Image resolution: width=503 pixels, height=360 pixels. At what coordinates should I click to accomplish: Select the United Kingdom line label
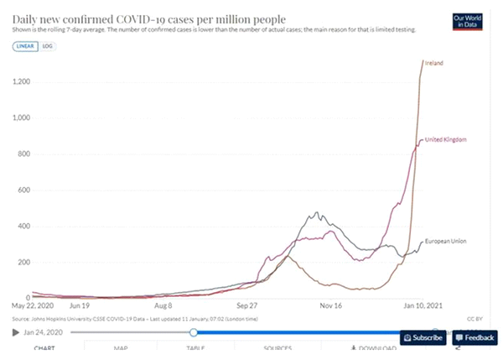tap(446, 139)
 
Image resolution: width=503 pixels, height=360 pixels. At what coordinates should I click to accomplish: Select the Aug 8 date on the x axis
tap(163, 307)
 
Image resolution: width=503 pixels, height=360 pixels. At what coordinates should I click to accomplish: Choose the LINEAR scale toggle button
tap(24, 46)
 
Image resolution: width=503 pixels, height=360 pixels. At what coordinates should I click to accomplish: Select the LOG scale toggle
tap(48, 46)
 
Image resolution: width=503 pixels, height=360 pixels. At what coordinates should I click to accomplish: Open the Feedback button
tap(475, 337)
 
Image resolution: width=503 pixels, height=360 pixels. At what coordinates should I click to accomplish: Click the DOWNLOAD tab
tap(373, 348)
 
